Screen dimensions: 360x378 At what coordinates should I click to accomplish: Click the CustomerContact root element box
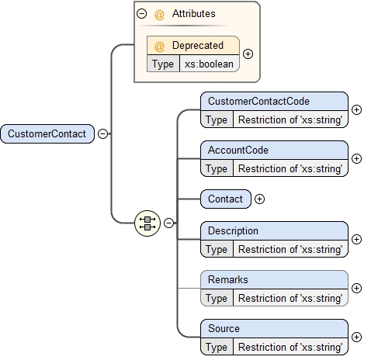[47, 133]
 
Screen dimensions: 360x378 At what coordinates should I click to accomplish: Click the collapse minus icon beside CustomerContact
[102, 133]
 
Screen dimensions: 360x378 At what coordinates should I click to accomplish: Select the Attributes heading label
[193, 13]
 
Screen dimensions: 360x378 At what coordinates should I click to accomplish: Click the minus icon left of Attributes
[141, 13]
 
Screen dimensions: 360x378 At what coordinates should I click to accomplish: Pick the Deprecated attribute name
[197, 45]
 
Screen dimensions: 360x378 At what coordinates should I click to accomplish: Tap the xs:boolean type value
[209, 64]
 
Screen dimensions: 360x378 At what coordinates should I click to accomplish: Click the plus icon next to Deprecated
[248, 54]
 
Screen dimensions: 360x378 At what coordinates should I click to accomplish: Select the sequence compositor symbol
[147, 223]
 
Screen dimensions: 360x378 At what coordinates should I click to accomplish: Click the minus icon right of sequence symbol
[168, 223]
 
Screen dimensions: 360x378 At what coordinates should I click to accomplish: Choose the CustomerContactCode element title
[258, 101]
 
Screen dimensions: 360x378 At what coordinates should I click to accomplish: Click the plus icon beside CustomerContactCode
[356, 110]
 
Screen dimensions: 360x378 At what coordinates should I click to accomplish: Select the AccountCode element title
[238, 149]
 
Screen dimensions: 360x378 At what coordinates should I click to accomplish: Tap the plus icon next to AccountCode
[356, 158]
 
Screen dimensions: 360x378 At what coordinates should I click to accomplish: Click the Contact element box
[225, 199]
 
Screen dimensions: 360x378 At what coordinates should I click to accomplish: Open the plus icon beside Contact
[259, 199]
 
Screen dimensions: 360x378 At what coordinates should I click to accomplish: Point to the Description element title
[233, 230]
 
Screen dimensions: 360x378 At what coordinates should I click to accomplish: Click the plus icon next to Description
[356, 240]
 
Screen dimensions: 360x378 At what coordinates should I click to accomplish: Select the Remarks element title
[228, 279]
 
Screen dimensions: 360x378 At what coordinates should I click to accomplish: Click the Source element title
[224, 328]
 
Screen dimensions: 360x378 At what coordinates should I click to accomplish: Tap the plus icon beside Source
[356, 337]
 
